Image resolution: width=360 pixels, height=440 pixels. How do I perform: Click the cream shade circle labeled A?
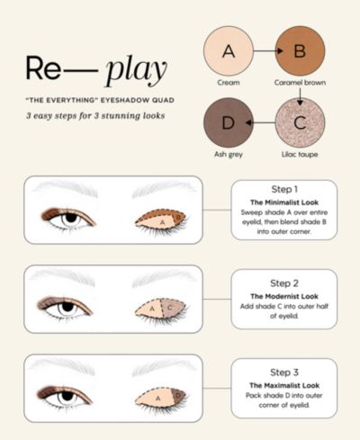pyautogui.click(x=229, y=51)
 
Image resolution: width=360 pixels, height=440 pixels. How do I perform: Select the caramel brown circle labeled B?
pyautogui.click(x=300, y=51)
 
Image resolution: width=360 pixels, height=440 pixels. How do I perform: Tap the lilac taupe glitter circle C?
pyautogui.click(x=300, y=122)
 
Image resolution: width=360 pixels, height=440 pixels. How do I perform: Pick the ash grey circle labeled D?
pyautogui.click(x=229, y=122)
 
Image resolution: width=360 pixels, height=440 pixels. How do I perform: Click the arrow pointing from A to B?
pyautogui.click(x=268, y=51)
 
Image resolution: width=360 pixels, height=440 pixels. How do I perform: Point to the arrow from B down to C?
pyautogui.click(x=300, y=96)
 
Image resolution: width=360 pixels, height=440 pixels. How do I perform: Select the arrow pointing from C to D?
pyautogui.click(x=260, y=122)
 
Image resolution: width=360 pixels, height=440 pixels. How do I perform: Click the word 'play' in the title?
pyautogui.click(x=137, y=70)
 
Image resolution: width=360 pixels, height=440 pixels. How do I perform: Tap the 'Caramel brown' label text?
pyautogui.click(x=300, y=83)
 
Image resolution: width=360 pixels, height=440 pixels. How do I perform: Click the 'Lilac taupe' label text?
pyautogui.click(x=300, y=154)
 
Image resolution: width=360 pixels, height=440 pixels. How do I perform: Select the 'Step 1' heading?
pyautogui.click(x=284, y=189)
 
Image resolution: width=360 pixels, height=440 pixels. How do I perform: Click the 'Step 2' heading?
pyautogui.click(x=284, y=283)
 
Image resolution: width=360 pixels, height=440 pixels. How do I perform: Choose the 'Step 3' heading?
pyautogui.click(x=284, y=373)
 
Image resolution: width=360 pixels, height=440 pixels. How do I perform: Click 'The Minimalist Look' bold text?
pyautogui.click(x=284, y=202)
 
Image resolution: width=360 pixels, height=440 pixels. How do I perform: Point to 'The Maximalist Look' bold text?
pyautogui.click(x=284, y=385)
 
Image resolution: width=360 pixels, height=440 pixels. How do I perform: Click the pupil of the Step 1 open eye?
pyautogui.click(x=71, y=218)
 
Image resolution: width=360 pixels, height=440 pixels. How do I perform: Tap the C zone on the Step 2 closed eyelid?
pyautogui.click(x=173, y=308)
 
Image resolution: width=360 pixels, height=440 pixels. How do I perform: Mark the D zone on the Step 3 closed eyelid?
pyautogui.click(x=178, y=396)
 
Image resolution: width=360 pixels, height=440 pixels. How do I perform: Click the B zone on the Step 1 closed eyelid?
pyautogui.click(x=178, y=217)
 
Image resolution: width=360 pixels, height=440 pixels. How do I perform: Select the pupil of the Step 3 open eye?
pyautogui.click(x=67, y=396)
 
